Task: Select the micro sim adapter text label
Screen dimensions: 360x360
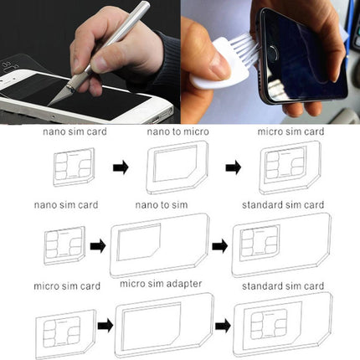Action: pos(160,284)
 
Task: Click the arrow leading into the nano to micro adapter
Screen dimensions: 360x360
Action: pos(121,167)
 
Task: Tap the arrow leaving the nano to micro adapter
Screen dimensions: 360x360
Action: pos(234,167)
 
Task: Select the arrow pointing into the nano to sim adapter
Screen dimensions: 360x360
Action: pos(97,246)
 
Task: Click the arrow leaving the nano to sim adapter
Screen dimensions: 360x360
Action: pos(220,246)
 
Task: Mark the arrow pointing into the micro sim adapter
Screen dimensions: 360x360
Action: pos(105,325)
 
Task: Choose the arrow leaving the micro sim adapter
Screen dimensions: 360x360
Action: pos(223,325)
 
